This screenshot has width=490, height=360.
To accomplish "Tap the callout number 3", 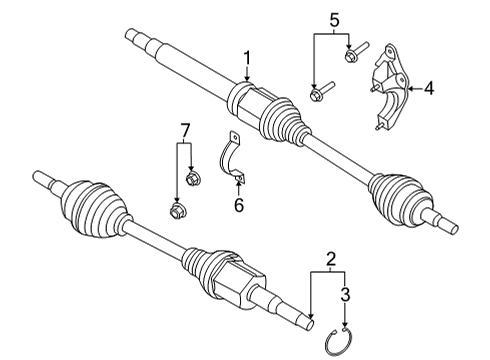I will click(x=345, y=297).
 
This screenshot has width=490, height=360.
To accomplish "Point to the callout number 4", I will click(x=429, y=89).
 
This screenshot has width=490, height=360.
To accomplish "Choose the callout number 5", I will click(x=334, y=18).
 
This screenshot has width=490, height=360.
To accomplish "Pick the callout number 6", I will click(x=238, y=206).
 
